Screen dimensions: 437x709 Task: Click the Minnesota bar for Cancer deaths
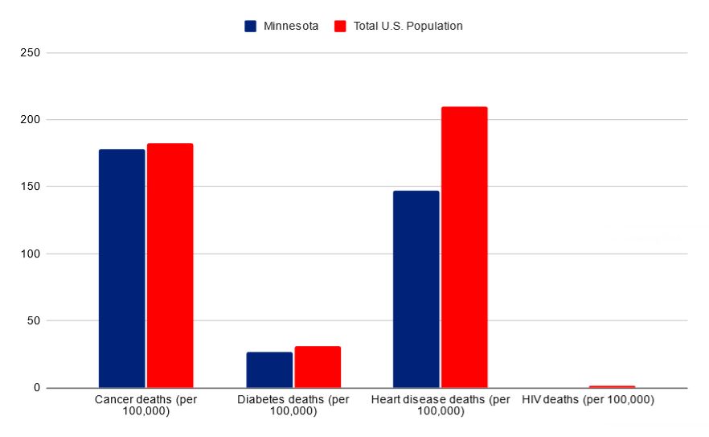click(x=121, y=268)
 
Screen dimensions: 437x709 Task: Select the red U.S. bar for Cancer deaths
click(x=170, y=266)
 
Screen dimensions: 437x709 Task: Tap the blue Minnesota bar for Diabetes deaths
click(x=269, y=369)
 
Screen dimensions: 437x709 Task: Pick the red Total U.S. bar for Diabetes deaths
click(x=318, y=367)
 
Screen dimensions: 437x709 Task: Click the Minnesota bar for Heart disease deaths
click(x=416, y=289)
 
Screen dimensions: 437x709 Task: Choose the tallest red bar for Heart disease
click(x=464, y=247)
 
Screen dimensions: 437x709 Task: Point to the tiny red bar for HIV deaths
click(x=612, y=386)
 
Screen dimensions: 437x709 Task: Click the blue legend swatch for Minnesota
click(x=251, y=26)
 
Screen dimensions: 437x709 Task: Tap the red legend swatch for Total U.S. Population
click(x=340, y=26)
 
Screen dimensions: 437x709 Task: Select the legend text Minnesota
click(x=291, y=26)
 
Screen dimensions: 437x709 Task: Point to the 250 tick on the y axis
click(x=32, y=53)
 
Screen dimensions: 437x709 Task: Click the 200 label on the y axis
click(x=32, y=120)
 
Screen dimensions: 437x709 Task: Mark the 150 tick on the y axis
click(x=32, y=187)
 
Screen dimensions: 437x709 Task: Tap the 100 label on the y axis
click(x=32, y=254)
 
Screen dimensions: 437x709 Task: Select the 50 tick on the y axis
click(x=35, y=321)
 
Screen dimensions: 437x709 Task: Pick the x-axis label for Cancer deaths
click(x=145, y=405)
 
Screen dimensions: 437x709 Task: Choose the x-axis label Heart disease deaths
click(x=441, y=405)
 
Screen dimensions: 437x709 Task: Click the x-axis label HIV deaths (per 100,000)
click(x=588, y=399)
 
